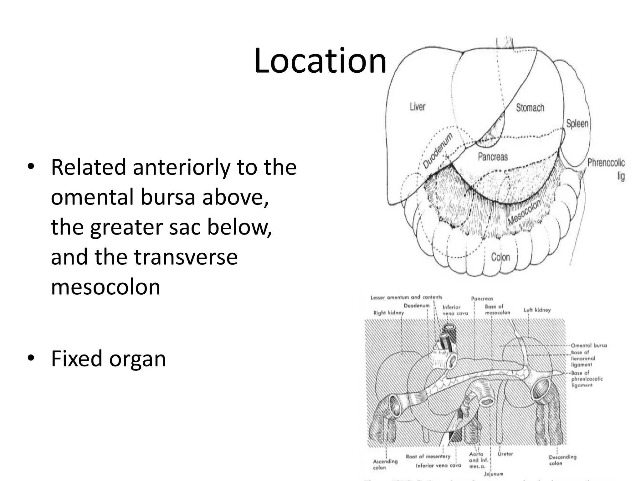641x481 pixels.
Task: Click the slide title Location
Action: click(x=320, y=61)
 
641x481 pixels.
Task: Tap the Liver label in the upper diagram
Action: click(x=418, y=107)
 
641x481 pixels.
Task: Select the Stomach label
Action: click(x=530, y=108)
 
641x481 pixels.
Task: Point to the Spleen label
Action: click(x=577, y=123)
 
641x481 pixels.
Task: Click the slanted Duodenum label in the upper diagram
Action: click(x=437, y=150)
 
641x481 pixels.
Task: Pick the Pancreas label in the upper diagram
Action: click(x=493, y=157)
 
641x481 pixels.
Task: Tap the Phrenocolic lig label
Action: click(x=606, y=168)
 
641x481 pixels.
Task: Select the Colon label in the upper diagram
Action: click(x=500, y=257)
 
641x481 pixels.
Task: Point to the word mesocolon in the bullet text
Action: click(x=105, y=287)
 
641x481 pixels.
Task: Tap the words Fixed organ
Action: click(x=108, y=359)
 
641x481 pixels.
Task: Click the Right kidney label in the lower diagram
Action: click(x=388, y=313)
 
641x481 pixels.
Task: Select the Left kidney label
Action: click(x=537, y=310)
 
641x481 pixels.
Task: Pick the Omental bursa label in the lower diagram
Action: click(x=588, y=345)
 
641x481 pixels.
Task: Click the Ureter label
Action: click(x=505, y=454)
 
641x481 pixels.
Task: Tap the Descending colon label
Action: click(x=562, y=460)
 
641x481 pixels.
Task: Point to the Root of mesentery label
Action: click(x=428, y=457)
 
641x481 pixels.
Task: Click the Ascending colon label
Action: click(x=385, y=464)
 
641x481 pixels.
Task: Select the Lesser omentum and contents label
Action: click(x=406, y=297)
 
